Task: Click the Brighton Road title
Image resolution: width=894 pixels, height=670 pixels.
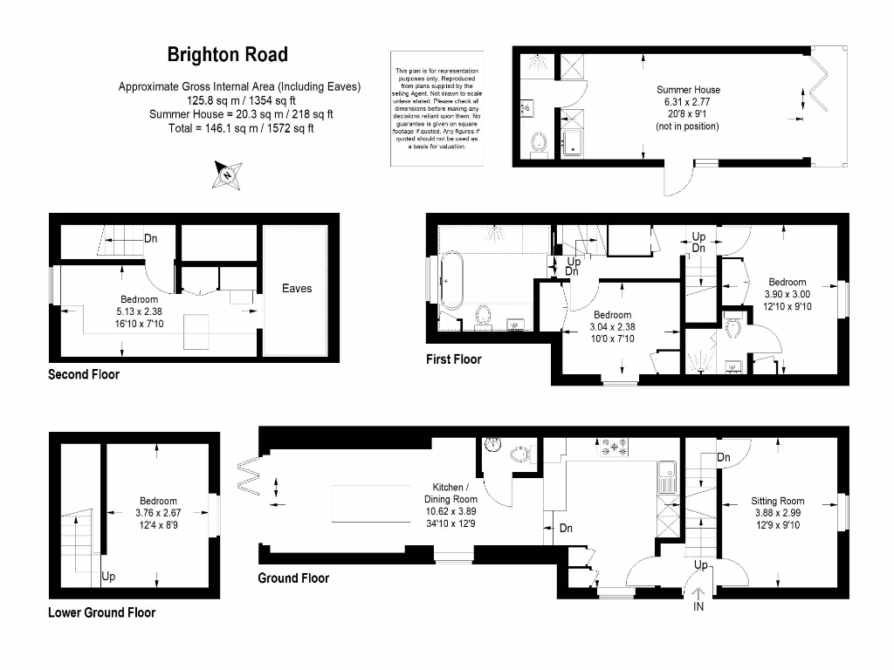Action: (x=227, y=55)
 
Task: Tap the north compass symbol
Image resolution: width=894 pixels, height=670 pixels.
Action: (x=227, y=174)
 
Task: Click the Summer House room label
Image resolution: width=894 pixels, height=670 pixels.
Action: (x=688, y=90)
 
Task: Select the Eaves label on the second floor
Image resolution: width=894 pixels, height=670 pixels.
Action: (x=296, y=289)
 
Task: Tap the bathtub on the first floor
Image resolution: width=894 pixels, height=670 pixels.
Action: (x=452, y=281)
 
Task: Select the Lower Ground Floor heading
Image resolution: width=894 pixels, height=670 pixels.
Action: (x=101, y=612)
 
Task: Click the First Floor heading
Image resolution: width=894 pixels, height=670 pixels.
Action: (x=453, y=359)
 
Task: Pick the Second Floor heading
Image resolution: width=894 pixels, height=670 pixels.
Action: (x=83, y=374)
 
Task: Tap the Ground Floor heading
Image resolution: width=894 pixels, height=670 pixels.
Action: (x=293, y=578)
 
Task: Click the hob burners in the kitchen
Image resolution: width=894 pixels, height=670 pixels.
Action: (x=613, y=448)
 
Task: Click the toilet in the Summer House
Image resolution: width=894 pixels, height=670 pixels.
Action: (x=539, y=142)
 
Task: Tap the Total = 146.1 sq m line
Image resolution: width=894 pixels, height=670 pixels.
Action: (x=241, y=127)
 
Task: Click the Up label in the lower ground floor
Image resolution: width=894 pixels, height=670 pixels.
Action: (x=108, y=577)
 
